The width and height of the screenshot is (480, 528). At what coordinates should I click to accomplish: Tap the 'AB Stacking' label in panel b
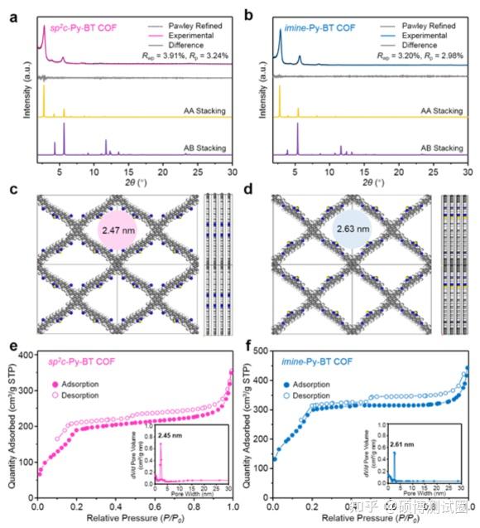pyautogui.click(x=441, y=148)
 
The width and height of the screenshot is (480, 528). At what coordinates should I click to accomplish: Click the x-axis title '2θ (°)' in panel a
pyautogui.click(x=134, y=184)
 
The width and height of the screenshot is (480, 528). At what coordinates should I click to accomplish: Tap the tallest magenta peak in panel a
pyautogui.click(x=44, y=30)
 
